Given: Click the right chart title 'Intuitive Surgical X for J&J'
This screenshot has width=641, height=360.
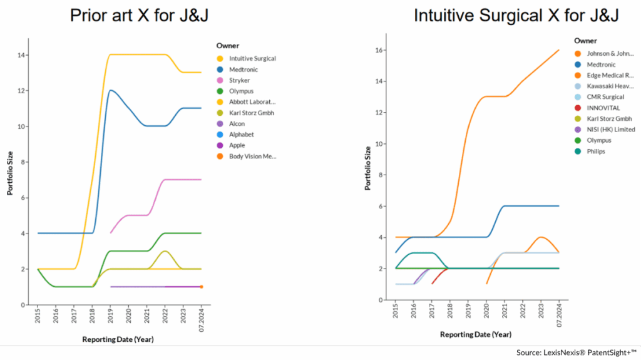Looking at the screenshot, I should [516, 15].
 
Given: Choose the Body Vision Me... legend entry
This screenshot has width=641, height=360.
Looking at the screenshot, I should [252, 156].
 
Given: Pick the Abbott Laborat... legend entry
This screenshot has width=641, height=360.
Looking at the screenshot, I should [252, 101].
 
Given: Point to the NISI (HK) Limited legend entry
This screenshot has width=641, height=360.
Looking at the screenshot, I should [611, 130].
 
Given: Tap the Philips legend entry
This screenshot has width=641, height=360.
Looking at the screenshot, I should [596, 151].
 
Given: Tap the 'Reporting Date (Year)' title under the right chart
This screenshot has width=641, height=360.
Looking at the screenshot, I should [475, 334].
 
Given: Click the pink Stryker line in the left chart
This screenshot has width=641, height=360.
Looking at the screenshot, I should [182, 180].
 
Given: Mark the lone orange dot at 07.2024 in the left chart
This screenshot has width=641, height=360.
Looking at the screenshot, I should [202, 287].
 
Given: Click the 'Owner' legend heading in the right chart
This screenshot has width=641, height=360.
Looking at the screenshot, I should [585, 41].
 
